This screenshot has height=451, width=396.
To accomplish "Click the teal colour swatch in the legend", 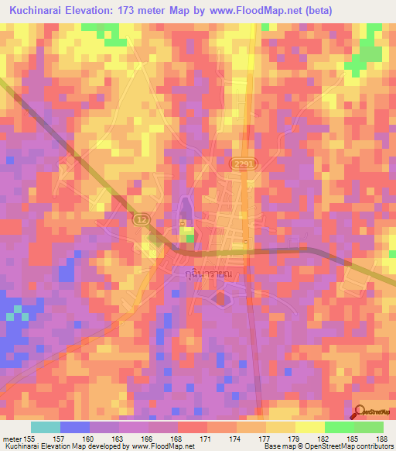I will tap(46, 427).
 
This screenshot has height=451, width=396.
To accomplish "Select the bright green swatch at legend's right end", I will tap(368, 427).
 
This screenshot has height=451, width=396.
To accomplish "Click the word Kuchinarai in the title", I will tap(38, 11).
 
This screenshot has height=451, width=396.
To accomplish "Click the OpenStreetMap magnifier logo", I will tap(360, 411).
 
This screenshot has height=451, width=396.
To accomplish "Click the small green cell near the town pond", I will tap(189, 239).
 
